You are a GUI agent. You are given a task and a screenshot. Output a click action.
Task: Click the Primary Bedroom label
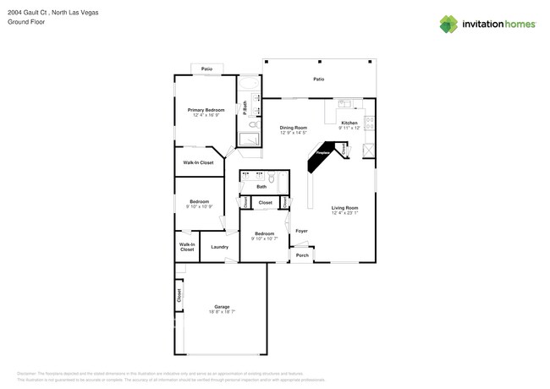coord(206,110)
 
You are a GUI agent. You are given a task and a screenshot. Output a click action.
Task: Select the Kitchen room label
coord(349,123)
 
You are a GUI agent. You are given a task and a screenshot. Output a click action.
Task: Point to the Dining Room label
coord(293,128)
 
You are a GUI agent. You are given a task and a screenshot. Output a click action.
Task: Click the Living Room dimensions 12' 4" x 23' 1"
coord(344,213)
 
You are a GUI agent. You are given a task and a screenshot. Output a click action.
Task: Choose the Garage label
coord(222,306)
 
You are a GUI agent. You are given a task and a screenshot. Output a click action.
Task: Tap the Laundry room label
coord(220,247)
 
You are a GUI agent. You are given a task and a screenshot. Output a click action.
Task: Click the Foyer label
coord(300,231)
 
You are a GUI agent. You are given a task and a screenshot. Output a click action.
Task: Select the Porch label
coord(302,255)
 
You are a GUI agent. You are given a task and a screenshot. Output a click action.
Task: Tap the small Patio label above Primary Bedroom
coord(206,68)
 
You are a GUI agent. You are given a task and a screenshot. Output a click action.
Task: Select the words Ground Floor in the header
coord(26,22)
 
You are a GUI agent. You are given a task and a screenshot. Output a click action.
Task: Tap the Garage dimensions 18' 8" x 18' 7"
coord(222,312)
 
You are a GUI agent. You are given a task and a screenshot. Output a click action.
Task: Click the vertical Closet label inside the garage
coord(179,296)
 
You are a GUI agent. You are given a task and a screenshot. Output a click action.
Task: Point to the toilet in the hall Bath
coord(272,178)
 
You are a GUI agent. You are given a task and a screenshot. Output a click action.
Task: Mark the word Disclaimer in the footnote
coord(30,373)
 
